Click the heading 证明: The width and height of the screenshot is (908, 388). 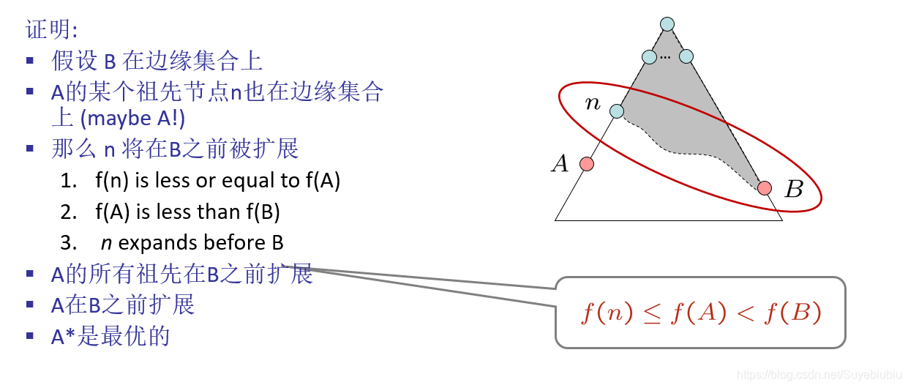point(51,29)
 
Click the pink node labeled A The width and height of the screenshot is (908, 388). point(586,164)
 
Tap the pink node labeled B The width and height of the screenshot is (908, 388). point(765,188)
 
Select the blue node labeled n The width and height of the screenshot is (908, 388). point(617,111)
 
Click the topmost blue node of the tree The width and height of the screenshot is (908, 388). point(667,24)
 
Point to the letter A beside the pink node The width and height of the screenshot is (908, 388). point(560,164)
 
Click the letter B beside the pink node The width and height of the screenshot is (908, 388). point(793,190)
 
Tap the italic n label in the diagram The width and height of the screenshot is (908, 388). point(593,104)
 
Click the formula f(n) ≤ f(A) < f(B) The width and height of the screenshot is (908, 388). point(701,313)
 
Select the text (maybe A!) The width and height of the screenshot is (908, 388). point(132,118)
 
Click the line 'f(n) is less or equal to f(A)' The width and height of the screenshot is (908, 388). point(217,180)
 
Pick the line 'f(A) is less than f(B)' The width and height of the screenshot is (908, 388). point(187,212)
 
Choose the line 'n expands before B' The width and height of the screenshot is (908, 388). point(192,242)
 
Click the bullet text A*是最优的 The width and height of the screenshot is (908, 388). point(110,336)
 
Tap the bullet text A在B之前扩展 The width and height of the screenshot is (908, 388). point(122,305)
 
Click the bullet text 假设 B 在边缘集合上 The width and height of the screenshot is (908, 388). point(157,61)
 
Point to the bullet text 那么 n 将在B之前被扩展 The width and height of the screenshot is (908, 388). point(175,149)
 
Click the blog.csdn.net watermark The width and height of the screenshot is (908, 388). point(819,375)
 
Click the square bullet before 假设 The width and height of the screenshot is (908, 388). point(30,61)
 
